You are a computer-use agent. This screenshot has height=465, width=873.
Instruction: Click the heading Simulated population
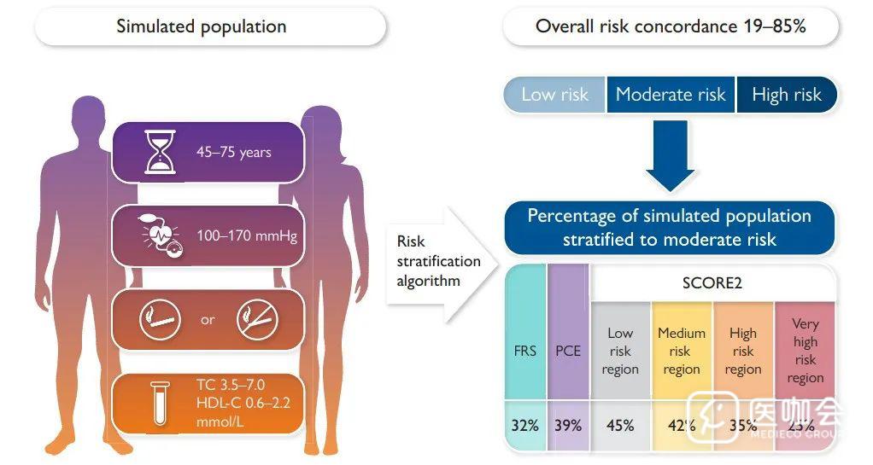pyautogui.click(x=202, y=26)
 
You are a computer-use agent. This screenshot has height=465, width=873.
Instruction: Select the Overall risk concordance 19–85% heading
pyautogui.click(x=671, y=26)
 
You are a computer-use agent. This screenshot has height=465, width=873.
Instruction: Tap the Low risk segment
pyautogui.click(x=554, y=95)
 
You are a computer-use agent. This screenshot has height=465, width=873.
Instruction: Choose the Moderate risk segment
pyautogui.click(x=671, y=95)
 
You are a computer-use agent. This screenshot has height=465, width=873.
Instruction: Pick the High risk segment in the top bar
pyautogui.click(x=787, y=95)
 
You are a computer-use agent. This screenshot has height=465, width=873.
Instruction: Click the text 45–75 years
pyautogui.click(x=233, y=153)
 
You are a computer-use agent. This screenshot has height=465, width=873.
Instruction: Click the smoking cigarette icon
pyautogui.click(x=160, y=320)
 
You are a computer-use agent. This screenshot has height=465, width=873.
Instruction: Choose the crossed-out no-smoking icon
pyautogui.click(x=257, y=320)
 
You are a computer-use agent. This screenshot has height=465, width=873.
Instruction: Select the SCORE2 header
pyautogui.click(x=713, y=282)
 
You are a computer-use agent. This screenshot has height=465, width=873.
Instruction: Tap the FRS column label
pyautogui.click(x=525, y=350)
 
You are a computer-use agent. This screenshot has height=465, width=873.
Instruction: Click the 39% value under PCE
pyautogui.click(x=568, y=424)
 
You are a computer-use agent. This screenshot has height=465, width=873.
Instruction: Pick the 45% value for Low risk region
pyautogui.click(x=620, y=424)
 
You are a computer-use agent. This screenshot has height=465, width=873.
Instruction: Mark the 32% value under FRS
pyautogui.click(x=525, y=424)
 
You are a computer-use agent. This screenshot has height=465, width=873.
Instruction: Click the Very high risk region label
pyautogui.click(x=805, y=351)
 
